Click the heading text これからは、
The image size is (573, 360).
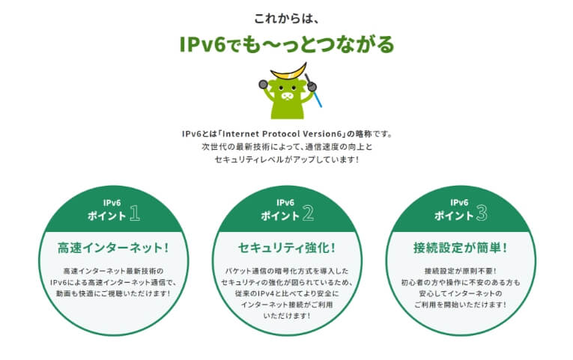pos(286,18)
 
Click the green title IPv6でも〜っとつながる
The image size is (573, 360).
pos(287,44)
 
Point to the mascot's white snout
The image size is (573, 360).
pos(287,96)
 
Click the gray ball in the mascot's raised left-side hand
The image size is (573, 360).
pos(263,85)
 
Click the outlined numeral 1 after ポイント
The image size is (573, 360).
pos(135,213)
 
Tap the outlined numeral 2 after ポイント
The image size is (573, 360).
pos(308,213)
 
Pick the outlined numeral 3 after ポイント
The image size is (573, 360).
pos(482,213)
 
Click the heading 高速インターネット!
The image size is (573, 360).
pos(113,248)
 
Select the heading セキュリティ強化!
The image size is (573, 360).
pos(287,248)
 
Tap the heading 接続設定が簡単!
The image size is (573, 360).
pos(461,248)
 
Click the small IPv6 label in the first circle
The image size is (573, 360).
pos(112,203)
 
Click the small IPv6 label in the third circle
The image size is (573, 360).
pos(459,203)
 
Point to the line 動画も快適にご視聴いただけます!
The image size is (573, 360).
pos(113,293)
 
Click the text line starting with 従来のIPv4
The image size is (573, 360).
pos(287,293)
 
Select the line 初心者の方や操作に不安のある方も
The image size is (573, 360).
pos(461,283)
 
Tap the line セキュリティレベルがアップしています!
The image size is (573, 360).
pos(287,159)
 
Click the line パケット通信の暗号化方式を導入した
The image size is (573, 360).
pos(287,271)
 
